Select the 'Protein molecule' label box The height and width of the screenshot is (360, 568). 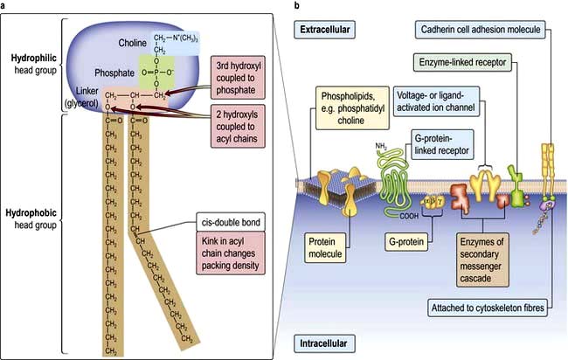pos(329,247)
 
